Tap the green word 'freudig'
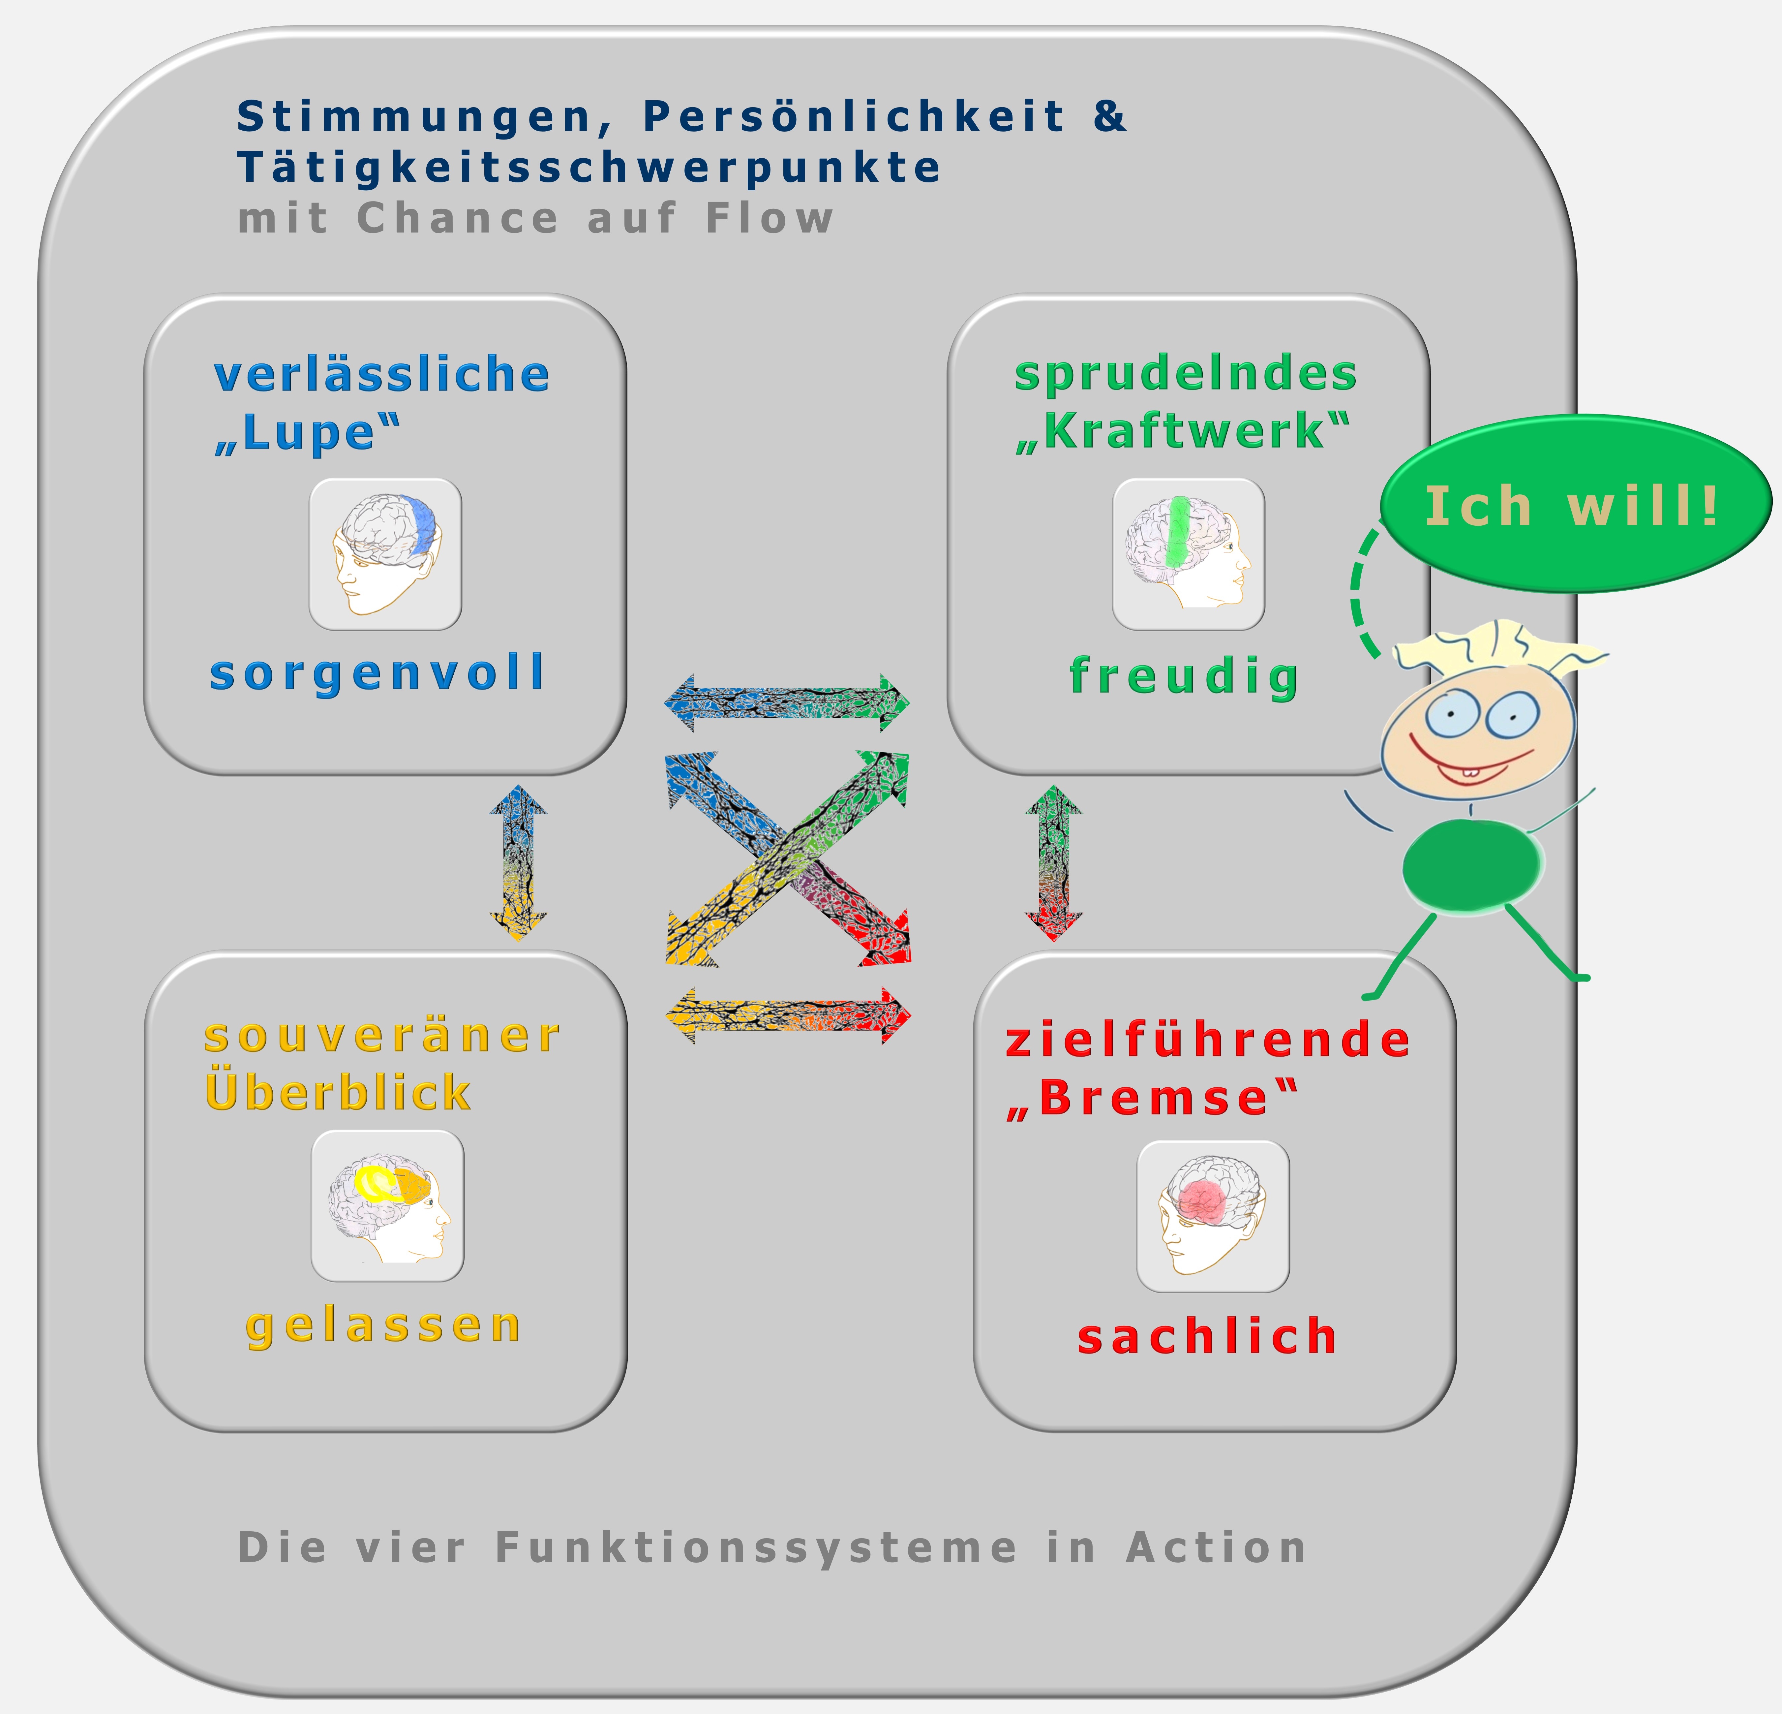(1184, 676)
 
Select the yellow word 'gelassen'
(383, 1326)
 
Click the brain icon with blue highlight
(385, 554)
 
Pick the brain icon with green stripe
(1188, 554)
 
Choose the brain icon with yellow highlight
(387, 1206)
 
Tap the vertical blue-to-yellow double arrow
(518, 862)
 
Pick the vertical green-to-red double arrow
(1054, 862)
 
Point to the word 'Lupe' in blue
(307, 433)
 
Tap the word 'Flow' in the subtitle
(769, 218)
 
